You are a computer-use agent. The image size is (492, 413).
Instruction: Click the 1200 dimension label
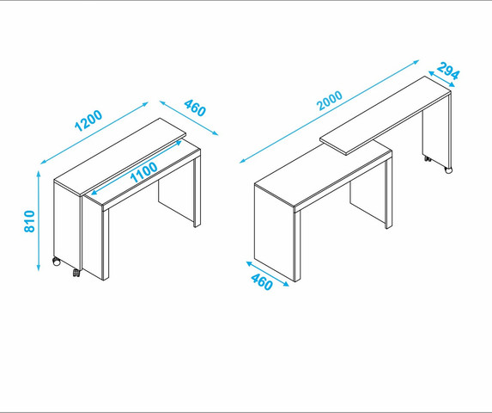(88, 120)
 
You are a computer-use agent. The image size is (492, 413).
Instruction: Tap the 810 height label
(29, 221)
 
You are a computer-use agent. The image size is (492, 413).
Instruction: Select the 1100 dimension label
(143, 172)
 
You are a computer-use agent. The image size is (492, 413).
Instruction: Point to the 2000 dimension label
(330, 101)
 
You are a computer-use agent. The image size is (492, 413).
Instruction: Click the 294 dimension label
(448, 71)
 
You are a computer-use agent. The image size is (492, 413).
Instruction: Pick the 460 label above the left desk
(195, 108)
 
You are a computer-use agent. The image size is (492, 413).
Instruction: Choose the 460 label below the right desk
(262, 282)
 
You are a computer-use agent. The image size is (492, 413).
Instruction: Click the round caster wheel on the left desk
(57, 262)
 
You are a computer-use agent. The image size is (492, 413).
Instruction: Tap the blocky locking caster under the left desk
(76, 273)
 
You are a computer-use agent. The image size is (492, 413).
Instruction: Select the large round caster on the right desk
(449, 170)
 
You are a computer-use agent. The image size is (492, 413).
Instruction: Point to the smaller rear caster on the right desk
(428, 158)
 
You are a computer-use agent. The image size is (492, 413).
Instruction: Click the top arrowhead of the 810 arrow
(39, 173)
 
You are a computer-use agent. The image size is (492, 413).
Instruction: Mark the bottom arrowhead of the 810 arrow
(39, 268)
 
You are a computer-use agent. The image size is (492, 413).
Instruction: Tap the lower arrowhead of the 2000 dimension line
(241, 162)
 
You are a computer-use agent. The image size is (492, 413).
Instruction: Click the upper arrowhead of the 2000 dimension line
(416, 61)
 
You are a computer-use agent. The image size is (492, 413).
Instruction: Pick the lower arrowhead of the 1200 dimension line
(43, 162)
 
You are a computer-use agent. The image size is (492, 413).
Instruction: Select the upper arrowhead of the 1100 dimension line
(179, 142)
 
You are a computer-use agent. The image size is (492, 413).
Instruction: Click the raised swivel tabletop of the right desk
(386, 115)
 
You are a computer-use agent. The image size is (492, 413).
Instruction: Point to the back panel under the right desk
(367, 201)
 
